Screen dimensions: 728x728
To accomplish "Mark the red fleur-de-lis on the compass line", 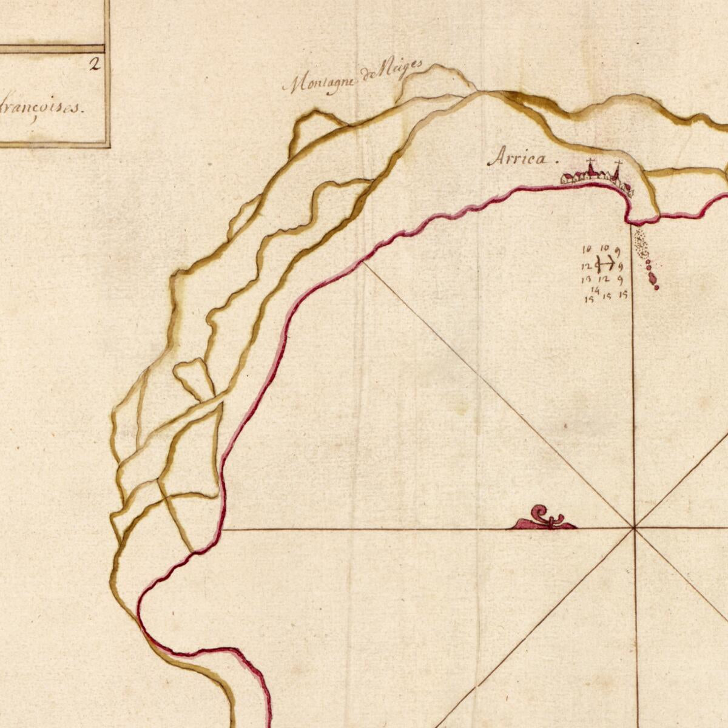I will [x=545, y=519].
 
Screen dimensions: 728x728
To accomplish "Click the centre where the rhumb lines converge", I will [x=634, y=528].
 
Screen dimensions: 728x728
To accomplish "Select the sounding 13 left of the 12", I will [x=587, y=280].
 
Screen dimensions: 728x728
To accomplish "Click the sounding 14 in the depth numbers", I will [x=595, y=291].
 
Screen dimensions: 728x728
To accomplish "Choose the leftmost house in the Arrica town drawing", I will [x=567, y=178].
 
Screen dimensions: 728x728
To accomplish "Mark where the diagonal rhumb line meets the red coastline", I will [x=363, y=263].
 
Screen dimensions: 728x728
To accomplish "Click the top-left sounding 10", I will [x=587, y=249].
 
